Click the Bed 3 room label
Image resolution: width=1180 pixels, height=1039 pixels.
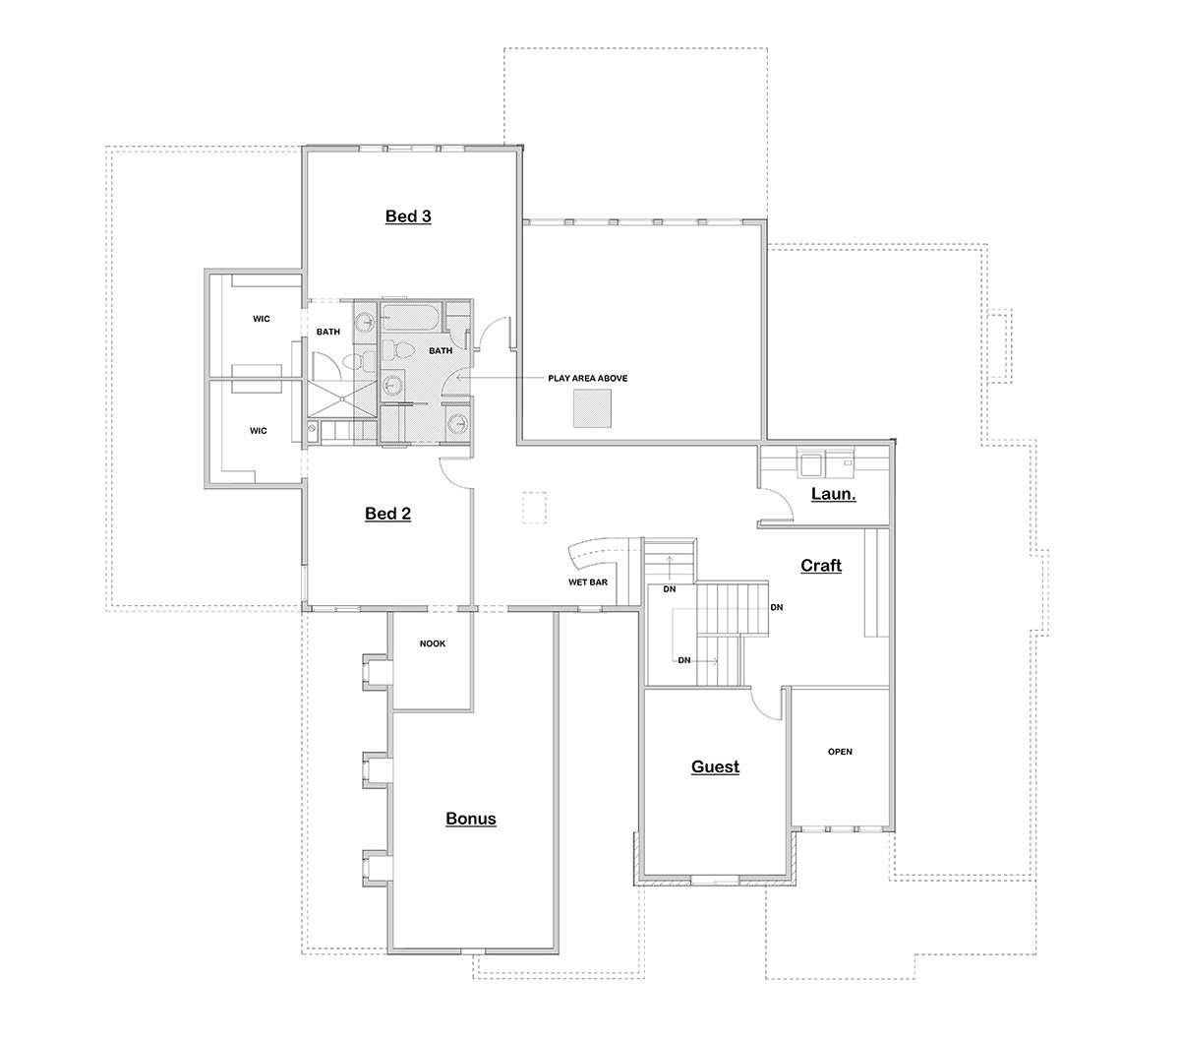coord(408,216)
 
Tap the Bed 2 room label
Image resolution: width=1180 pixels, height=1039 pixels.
coord(387,514)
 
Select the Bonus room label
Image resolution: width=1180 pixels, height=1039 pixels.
coord(471,819)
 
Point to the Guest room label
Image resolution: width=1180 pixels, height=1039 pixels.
coord(715,766)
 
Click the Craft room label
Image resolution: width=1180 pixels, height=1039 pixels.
coord(821,565)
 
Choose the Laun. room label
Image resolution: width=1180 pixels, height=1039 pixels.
coord(834,494)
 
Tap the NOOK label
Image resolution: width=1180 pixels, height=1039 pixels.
coord(432,643)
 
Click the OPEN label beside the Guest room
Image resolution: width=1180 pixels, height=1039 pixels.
coord(840,752)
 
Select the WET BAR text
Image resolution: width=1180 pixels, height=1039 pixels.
coord(588,582)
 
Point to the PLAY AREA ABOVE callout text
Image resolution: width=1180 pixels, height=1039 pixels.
coord(588,378)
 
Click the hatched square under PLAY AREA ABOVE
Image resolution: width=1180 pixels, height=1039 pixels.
coord(592,408)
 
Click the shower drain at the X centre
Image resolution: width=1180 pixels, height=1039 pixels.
coord(342,399)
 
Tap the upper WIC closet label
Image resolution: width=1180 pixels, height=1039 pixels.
coord(261,319)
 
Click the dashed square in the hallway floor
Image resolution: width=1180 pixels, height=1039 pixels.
coord(534,508)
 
